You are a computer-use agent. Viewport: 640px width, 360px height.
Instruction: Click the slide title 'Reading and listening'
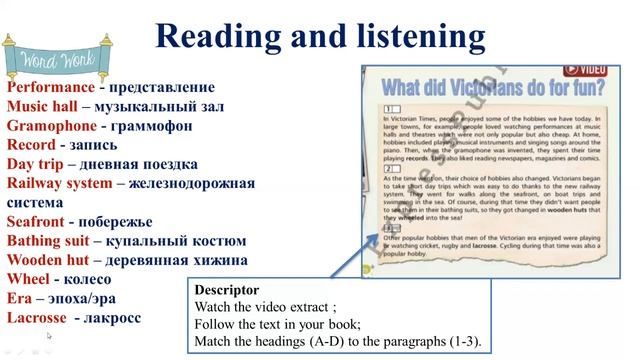click(x=321, y=38)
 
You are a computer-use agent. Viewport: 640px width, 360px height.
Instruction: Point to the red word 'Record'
click(x=33, y=145)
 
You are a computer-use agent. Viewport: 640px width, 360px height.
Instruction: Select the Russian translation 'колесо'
click(x=98, y=280)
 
